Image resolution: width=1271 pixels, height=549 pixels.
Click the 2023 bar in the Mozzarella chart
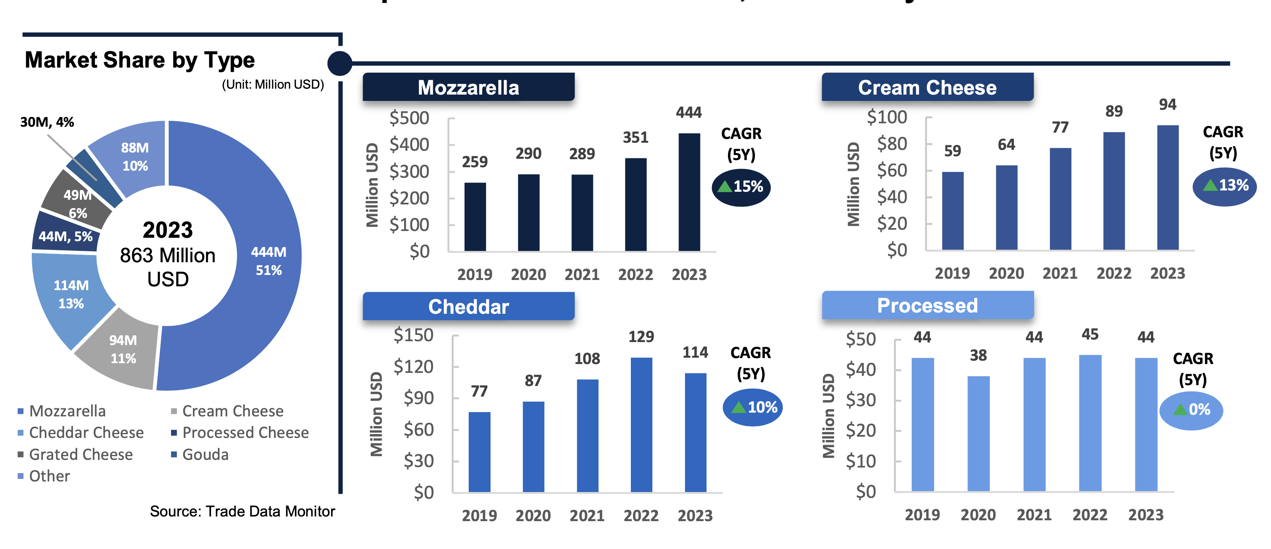689,193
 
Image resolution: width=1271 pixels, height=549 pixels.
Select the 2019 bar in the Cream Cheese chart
952,211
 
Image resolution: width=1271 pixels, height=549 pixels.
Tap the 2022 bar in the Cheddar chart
641,424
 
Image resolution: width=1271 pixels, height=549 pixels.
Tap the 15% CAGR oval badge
741,187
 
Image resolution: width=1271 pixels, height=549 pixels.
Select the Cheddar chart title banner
468,306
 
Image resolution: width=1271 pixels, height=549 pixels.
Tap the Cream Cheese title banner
927,87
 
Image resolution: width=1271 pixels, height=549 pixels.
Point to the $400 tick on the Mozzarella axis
409,145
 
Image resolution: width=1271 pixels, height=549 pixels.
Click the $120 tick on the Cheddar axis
413,367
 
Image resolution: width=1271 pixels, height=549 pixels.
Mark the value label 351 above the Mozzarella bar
635,137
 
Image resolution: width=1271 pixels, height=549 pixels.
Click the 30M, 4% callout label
47,122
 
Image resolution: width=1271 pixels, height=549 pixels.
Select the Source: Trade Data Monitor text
242,511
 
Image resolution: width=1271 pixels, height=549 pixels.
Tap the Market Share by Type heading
140,60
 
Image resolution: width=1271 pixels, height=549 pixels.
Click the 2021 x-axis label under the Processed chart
1034,515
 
